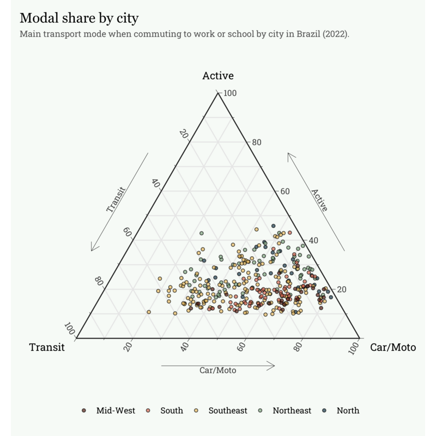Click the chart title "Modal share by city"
click(79, 19)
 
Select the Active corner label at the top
click(218, 76)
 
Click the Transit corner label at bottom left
click(47, 347)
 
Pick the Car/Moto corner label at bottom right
click(393, 347)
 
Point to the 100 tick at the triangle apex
click(230, 93)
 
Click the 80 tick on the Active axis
click(257, 142)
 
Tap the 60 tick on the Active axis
click(285, 191)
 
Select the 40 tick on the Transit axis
click(156, 183)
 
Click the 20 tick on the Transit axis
click(184, 134)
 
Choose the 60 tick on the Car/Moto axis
click(241, 347)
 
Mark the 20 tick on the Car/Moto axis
click(129, 347)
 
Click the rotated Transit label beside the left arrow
click(116, 199)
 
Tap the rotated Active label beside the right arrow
click(319, 200)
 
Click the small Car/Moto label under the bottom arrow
click(217, 371)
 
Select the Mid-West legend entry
click(108, 410)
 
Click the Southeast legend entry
click(221, 410)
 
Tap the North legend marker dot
click(324, 410)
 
